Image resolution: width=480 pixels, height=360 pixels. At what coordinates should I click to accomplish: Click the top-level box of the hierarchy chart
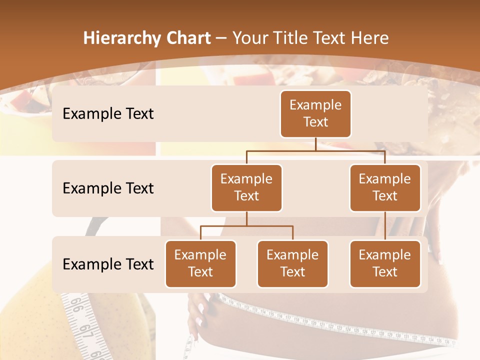pyautogui.click(x=315, y=113)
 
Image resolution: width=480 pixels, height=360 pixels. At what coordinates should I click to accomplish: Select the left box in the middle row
pyautogui.click(x=246, y=187)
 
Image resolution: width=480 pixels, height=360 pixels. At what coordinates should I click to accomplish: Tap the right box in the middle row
pyautogui.click(x=385, y=187)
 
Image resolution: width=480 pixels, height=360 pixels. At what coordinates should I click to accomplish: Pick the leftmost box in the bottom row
pyautogui.click(x=200, y=263)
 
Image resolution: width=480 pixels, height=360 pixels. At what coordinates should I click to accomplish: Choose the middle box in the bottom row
pyautogui.click(x=292, y=263)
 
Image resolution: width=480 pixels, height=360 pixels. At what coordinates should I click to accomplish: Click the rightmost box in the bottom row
pyautogui.click(x=385, y=263)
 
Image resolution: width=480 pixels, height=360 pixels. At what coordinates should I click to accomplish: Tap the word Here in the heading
pyautogui.click(x=369, y=38)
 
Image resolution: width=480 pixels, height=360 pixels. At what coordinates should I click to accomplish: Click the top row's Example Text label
pyautogui.click(x=108, y=113)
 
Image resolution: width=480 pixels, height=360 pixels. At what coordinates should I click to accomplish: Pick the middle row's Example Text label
pyautogui.click(x=108, y=188)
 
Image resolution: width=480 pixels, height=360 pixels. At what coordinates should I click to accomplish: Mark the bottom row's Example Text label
pyautogui.click(x=108, y=264)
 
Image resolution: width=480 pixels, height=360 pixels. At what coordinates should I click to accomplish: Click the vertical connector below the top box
pyautogui.click(x=315, y=144)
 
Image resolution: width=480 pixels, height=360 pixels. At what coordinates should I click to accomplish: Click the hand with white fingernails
pyautogui.click(x=202, y=310)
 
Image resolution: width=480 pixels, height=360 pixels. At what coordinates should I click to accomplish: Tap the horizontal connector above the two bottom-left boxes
pyautogui.click(x=246, y=226)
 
